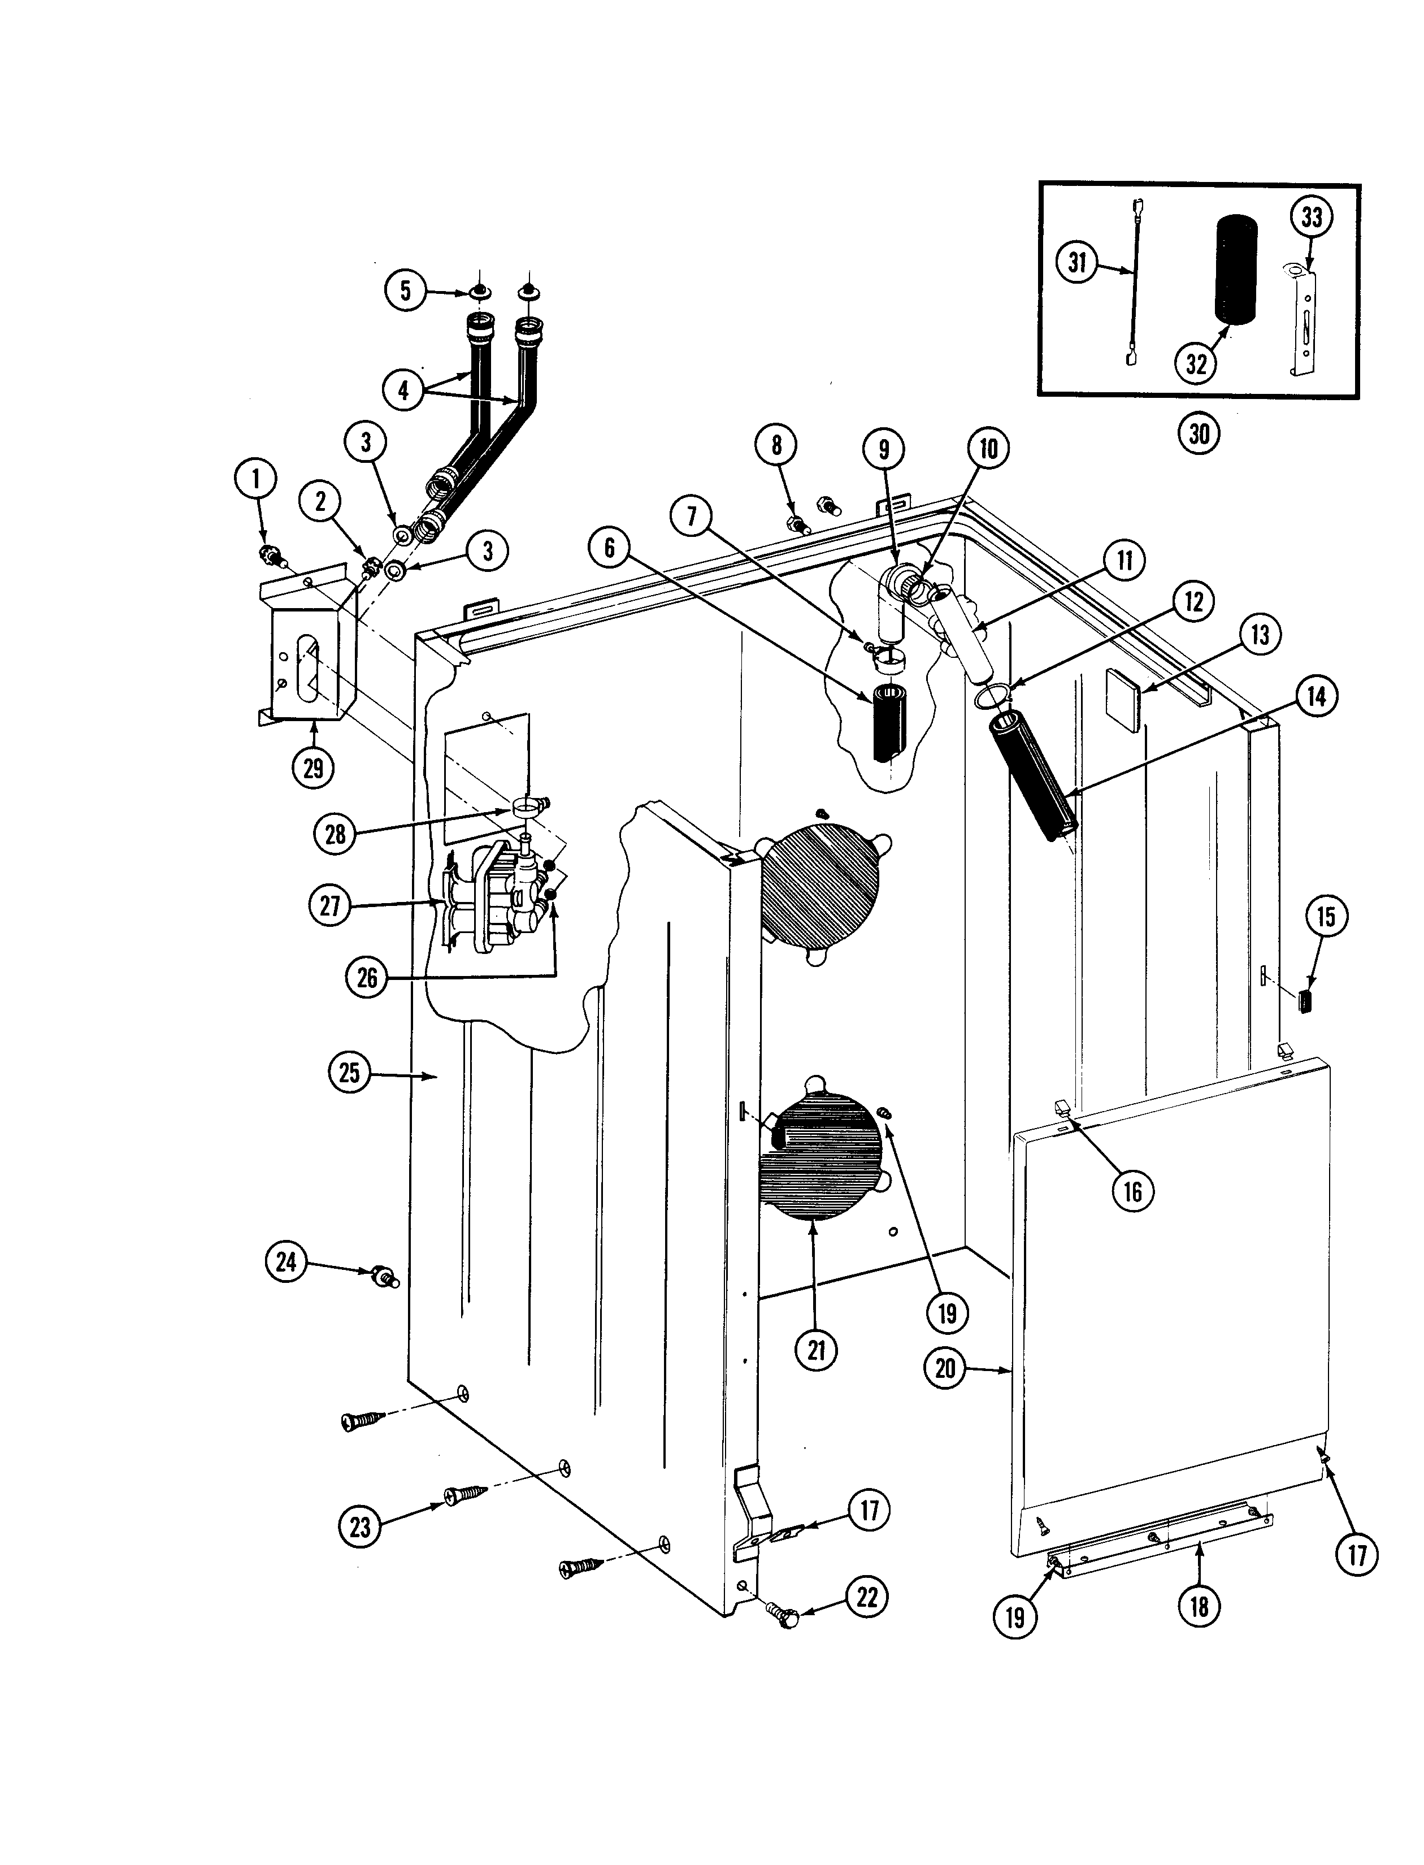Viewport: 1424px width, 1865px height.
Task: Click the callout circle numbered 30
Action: [x=1199, y=434]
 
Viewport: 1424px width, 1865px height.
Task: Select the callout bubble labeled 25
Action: [x=349, y=1073]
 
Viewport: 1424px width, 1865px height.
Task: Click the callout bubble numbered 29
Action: [x=313, y=768]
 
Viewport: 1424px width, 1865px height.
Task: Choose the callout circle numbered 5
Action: [x=405, y=290]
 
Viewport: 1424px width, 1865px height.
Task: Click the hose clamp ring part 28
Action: [x=526, y=803]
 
